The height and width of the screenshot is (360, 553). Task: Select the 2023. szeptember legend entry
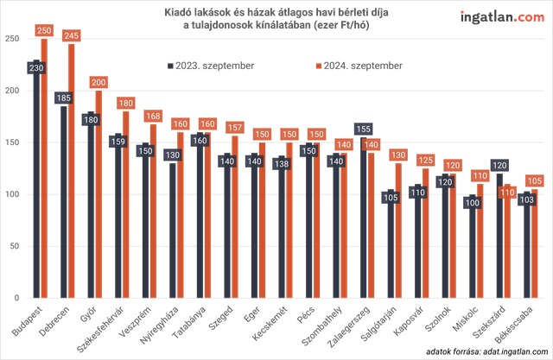(x=207, y=66)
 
